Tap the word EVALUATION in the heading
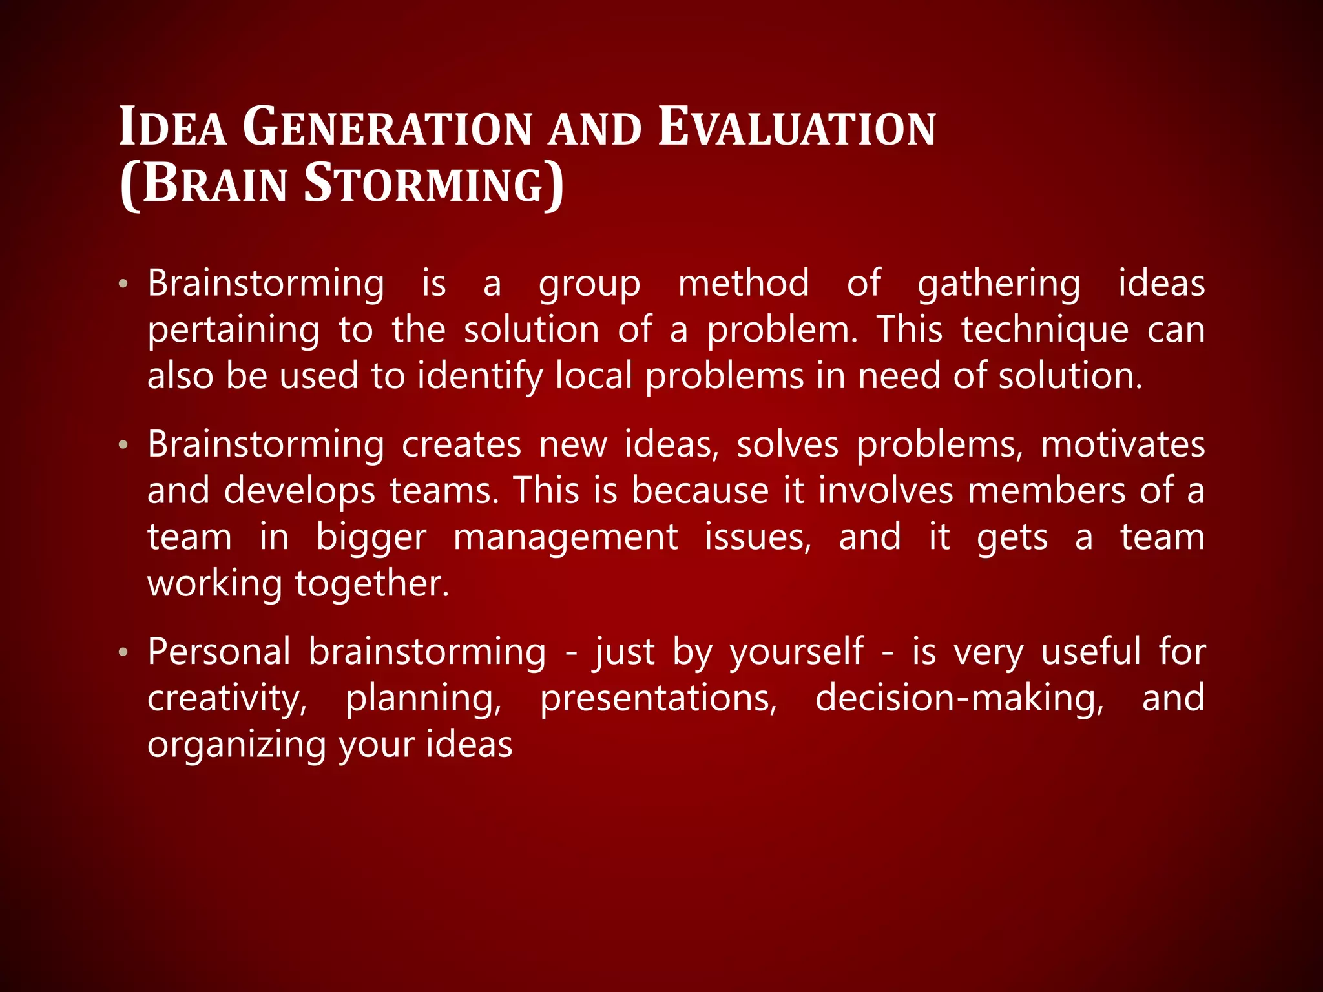click(x=797, y=128)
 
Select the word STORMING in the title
click(x=423, y=184)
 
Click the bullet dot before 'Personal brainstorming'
click(x=123, y=653)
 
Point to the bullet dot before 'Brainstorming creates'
click(x=123, y=446)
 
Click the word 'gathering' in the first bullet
click(x=999, y=284)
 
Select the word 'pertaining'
click(x=233, y=331)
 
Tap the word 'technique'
click(x=1045, y=331)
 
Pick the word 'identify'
click(x=479, y=377)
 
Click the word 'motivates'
click(x=1123, y=445)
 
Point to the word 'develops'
click(x=299, y=491)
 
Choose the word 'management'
click(x=565, y=537)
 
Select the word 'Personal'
click(x=219, y=652)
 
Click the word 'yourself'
click(x=797, y=652)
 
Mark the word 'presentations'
click(x=658, y=699)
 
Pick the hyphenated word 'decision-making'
click(x=959, y=699)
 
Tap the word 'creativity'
click(x=227, y=699)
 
